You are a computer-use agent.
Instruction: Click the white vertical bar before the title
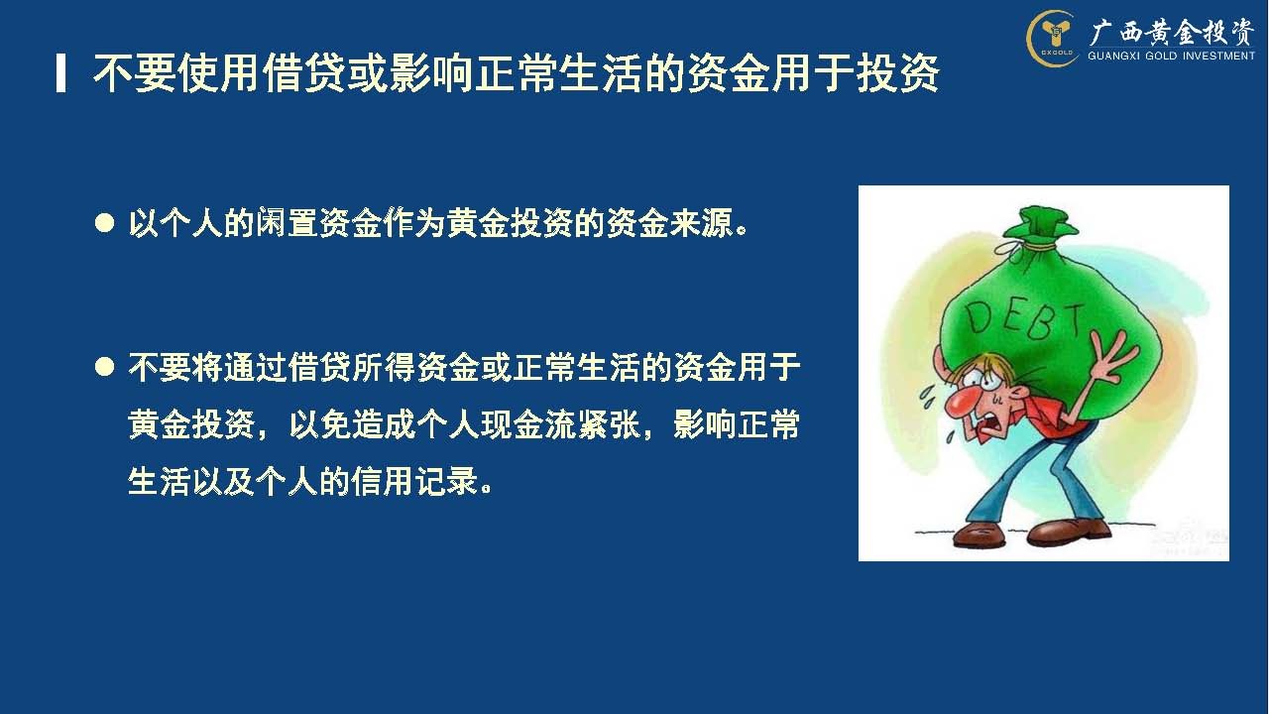click(x=60, y=73)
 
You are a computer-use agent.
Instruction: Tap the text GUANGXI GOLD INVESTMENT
click(x=1171, y=56)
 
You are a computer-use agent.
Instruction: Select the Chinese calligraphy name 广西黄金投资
click(x=1171, y=32)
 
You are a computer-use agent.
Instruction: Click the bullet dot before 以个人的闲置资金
click(x=105, y=223)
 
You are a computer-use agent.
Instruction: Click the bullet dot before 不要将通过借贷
click(x=105, y=367)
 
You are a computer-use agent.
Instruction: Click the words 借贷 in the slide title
click(x=304, y=73)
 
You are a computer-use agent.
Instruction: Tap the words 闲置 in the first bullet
click(x=288, y=223)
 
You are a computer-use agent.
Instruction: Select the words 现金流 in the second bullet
click(x=528, y=424)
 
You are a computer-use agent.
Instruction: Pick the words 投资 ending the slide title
click(x=898, y=73)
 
